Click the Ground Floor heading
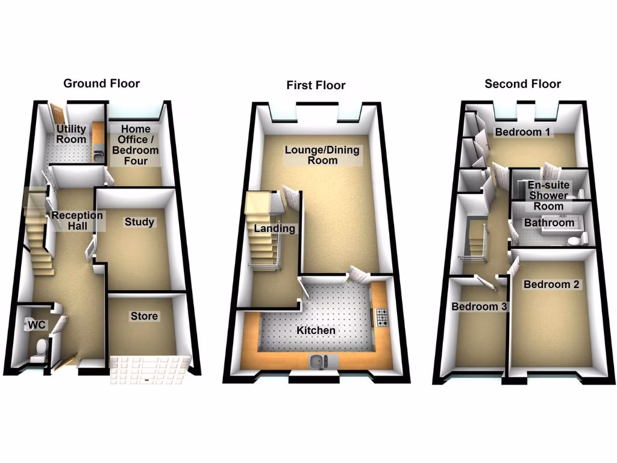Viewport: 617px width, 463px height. tap(101, 83)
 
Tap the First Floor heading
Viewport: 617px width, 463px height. tap(316, 85)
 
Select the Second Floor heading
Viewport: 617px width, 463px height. tap(522, 84)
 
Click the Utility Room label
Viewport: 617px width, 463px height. tap(71, 134)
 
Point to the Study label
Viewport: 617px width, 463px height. tap(139, 222)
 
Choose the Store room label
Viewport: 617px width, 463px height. tap(144, 316)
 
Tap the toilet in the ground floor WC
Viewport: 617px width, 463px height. tap(41, 348)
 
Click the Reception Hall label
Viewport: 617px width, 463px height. tap(77, 221)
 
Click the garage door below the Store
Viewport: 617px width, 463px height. tap(149, 369)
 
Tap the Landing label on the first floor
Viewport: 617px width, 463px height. tap(274, 228)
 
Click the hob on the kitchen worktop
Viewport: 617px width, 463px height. tap(382, 317)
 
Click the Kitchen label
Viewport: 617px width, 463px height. tap(316, 330)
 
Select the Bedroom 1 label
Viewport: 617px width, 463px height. tap(522, 131)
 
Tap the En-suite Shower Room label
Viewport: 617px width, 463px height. tap(547, 195)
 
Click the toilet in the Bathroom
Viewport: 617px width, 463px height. tap(575, 241)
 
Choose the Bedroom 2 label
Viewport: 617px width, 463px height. tap(551, 284)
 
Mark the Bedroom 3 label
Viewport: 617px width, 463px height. tap(480, 306)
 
